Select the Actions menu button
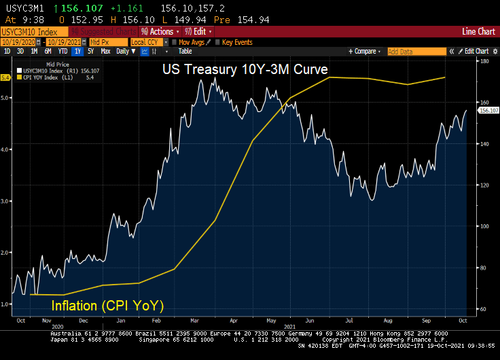[160, 31]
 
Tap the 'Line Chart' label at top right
[478, 31]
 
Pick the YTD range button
[63, 51]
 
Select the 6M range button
[48, 51]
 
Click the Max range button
[106, 51]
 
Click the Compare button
[365, 51]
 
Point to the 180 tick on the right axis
[484, 61]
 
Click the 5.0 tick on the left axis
[6, 98]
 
